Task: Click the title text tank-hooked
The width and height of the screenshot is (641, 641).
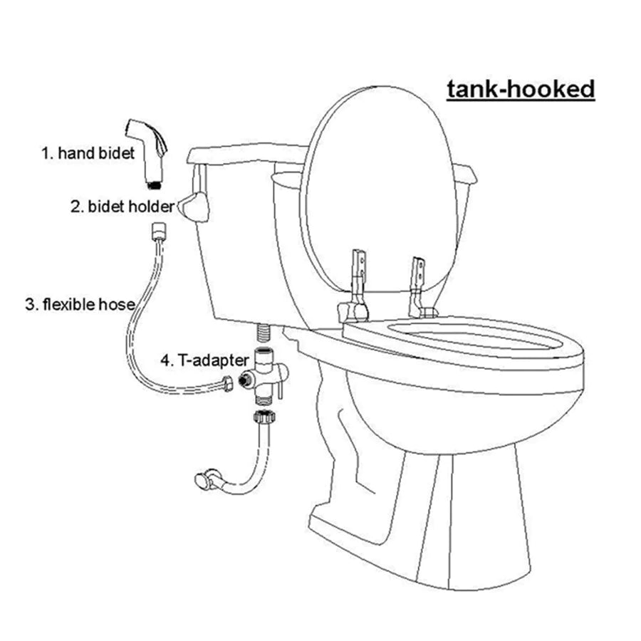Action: pyautogui.click(x=520, y=90)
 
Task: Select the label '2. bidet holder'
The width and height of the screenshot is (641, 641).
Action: pyautogui.click(x=122, y=207)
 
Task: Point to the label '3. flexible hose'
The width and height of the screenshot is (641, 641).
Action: pyautogui.click(x=80, y=305)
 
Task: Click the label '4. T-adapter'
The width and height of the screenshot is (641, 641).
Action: pyautogui.click(x=204, y=360)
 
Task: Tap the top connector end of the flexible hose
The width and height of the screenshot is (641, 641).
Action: pyautogui.click(x=158, y=231)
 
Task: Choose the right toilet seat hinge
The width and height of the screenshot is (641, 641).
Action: pyautogui.click(x=420, y=285)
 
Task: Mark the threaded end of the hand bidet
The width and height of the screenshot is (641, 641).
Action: pyautogui.click(x=154, y=184)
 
